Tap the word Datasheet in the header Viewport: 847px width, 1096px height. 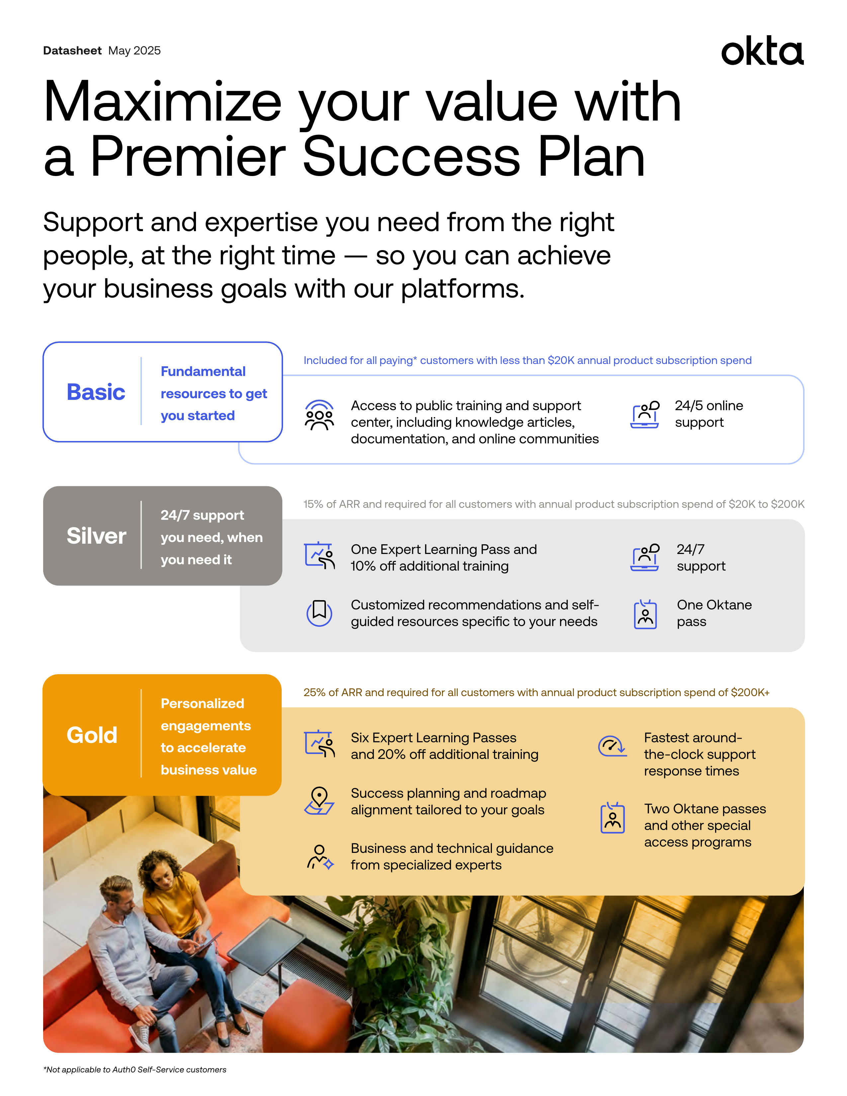pyautogui.click(x=72, y=51)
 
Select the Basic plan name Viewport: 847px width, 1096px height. pyautogui.click(x=96, y=392)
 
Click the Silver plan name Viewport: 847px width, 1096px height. pyautogui.click(x=96, y=536)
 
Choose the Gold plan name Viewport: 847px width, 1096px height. pyautogui.click(x=92, y=735)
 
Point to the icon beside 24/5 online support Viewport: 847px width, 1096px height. pyautogui.click(x=645, y=414)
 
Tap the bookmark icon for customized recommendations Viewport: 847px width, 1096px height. pyautogui.click(x=319, y=613)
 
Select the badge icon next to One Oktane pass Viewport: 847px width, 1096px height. pyautogui.click(x=645, y=614)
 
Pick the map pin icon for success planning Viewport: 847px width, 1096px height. pyautogui.click(x=319, y=801)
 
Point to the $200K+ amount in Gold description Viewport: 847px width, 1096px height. pyautogui.click(x=750, y=692)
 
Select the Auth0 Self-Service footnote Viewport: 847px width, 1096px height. pyautogui.click(x=135, y=1070)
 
